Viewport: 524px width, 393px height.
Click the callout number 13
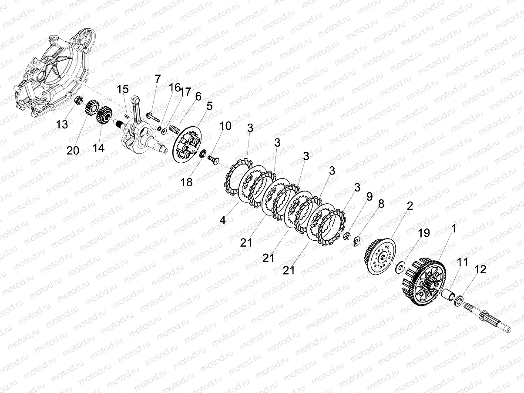[62, 124]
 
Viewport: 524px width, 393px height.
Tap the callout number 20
[73, 151]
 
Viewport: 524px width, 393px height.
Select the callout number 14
[99, 148]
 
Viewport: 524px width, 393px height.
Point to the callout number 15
[123, 89]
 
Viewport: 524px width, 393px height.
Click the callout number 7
[158, 79]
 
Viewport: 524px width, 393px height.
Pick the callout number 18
[186, 182]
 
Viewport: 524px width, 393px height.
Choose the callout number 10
[225, 126]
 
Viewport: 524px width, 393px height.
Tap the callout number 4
[222, 221]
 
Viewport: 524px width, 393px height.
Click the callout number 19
[424, 233]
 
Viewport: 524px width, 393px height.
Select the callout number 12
[480, 269]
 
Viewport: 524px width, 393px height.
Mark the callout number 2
[410, 206]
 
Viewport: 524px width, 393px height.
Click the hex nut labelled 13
[78, 100]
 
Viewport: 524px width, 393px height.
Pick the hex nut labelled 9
[346, 236]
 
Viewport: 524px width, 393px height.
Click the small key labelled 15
[127, 116]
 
